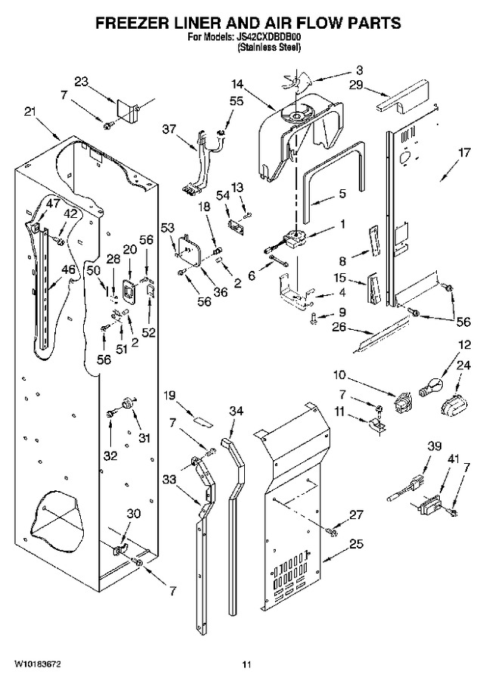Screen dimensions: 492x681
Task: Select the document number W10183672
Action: click(x=38, y=664)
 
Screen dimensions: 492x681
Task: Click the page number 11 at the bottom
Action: click(x=246, y=664)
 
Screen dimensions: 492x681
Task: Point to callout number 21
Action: click(x=29, y=112)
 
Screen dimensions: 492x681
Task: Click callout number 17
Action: click(x=464, y=153)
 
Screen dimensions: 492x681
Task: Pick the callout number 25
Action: click(x=356, y=544)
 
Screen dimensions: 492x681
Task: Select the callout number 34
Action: click(x=236, y=411)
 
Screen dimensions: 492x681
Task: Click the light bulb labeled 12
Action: click(x=432, y=386)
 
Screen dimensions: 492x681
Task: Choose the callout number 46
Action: click(x=69, y=269)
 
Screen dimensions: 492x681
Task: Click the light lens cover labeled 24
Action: click(x=453, y=406)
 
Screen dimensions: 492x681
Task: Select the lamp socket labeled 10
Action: click(x=404, y=401)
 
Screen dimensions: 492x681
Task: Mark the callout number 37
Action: click(x=169, y=129)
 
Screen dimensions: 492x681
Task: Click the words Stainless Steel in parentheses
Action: click(x=268, y=48)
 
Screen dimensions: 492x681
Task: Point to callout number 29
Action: click(x=356, y=84)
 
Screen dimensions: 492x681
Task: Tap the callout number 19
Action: click(x=169, y=395)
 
